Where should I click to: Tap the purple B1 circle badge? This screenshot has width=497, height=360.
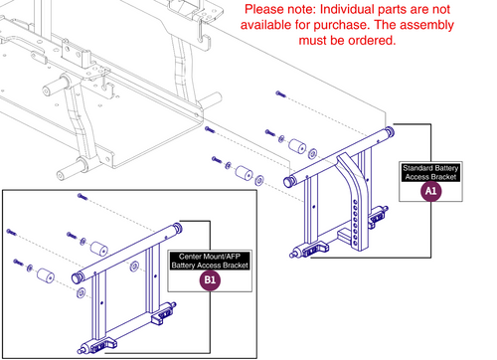click(210, 281)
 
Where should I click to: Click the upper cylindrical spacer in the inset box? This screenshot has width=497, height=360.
click(97, 248)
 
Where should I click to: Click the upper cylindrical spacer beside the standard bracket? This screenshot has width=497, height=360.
click(296, 146)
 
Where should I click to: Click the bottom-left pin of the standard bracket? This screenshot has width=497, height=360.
click(294, 253)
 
